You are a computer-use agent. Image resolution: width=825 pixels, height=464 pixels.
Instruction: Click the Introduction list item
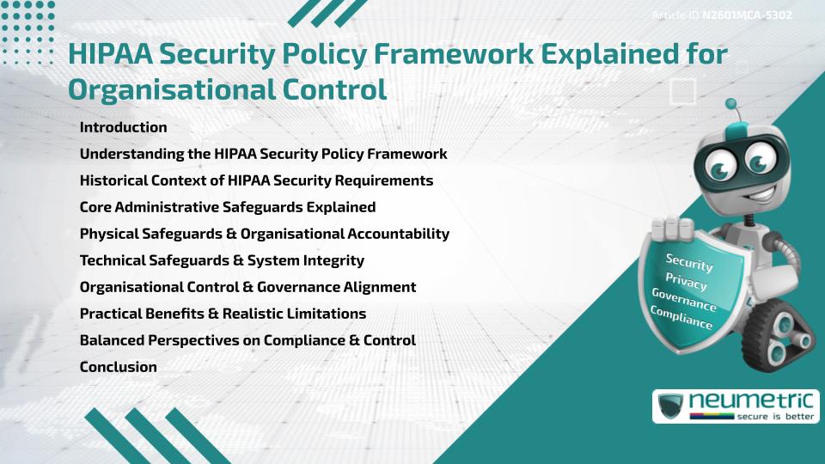click(123, 127)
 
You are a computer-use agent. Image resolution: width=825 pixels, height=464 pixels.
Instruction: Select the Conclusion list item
click(119, 367)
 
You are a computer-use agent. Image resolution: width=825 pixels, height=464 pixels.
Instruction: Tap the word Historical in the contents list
click(113, 180)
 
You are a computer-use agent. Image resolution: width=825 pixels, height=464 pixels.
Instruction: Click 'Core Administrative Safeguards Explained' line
click(227, 207)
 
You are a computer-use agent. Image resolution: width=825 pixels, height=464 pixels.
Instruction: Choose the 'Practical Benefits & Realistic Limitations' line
click(223, 314)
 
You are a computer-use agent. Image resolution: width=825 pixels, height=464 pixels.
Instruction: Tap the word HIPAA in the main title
click(111, 53)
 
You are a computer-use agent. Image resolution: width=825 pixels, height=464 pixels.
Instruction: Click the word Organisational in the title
click(172, 90)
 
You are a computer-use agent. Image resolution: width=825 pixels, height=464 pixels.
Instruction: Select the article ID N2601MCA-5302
click(747, 15)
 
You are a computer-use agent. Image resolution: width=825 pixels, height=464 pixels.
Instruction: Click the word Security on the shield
click(689, 262)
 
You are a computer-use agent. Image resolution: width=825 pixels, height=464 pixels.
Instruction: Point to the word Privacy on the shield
click(686, 282)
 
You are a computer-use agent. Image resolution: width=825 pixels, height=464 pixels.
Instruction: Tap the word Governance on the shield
click(683, 299)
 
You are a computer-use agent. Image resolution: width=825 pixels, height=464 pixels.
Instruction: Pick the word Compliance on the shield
click(681, 318)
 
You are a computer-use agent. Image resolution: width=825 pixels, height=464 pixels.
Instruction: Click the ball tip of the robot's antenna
click(730, 104)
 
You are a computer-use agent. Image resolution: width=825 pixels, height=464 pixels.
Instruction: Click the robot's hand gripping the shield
click(672, 229)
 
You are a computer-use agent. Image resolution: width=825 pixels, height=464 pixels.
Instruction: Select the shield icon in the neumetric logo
click(671, 405)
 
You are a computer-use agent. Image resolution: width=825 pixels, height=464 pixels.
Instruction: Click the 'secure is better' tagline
click(775, 416)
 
